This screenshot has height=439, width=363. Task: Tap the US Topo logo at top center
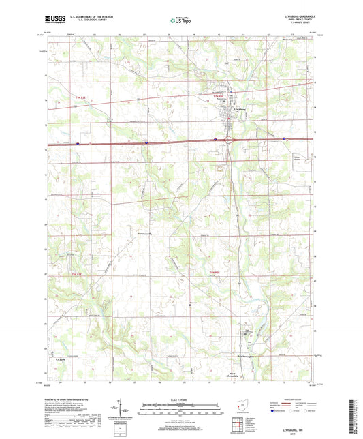[x=178, y=21]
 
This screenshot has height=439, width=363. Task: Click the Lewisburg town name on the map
[x=239, y=108]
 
